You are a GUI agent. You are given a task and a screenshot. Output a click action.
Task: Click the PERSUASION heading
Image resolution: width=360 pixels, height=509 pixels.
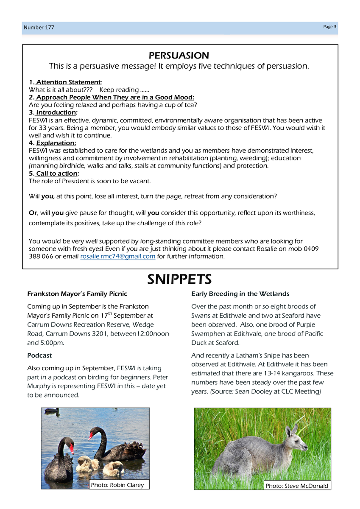(179, 56)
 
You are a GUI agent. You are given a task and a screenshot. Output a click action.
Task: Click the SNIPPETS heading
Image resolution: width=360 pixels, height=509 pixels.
(179, 279)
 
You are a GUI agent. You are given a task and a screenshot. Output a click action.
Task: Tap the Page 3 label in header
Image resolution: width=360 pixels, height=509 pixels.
(329, 27)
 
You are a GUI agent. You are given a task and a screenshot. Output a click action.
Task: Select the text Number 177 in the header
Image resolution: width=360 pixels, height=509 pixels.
(39, 28)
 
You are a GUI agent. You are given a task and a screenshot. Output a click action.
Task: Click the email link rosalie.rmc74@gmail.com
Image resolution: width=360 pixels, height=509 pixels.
(117, 257)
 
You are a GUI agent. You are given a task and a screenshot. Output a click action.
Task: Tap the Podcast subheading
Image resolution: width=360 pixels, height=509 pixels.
(39, 355)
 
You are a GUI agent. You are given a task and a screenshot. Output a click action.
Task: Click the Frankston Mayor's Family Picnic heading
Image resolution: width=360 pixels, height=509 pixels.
(77, 294)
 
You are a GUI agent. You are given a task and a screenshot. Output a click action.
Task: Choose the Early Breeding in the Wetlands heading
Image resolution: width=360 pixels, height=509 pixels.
(240, 294)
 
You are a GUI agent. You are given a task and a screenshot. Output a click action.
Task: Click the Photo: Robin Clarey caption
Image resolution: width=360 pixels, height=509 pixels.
(117, 485)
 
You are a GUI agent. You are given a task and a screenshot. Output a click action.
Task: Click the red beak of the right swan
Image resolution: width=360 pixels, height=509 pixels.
(90, 436)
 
